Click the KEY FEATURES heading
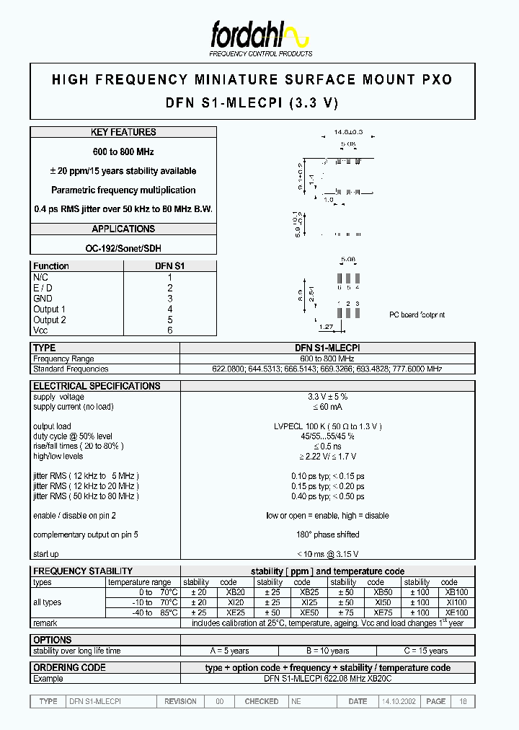[123, 132]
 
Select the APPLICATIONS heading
[123, 229]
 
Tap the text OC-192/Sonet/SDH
[123, 248]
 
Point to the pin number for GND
[170, 299]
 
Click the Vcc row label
[40, 330]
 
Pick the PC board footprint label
[417, 315]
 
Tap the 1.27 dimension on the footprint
[326, 327]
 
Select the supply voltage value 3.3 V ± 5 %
[327, 397]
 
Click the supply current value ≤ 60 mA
[327, 407]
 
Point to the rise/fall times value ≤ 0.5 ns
[327, 446]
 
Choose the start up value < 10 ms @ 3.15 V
[327, 554]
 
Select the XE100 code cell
[456, 612]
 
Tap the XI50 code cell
[383, 602]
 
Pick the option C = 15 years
[425, 651]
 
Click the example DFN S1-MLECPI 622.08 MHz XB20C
[327, 679]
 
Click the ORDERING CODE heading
[69, 668]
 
